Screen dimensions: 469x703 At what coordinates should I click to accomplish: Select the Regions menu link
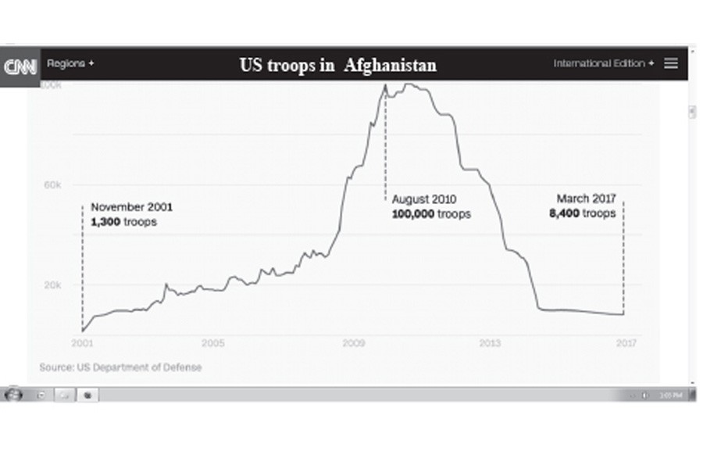point(70,63)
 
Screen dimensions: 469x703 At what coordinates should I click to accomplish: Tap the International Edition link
point(604,63)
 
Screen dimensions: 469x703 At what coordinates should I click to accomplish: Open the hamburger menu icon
point(671,63)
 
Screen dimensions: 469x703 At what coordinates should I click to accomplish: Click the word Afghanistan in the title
point(390,66)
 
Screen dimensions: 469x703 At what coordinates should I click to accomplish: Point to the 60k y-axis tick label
point(52,184)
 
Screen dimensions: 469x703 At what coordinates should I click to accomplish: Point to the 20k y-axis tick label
point(52,285)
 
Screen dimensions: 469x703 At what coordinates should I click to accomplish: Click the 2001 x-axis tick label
point(81,343)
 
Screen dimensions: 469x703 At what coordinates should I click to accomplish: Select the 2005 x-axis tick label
point(212,343)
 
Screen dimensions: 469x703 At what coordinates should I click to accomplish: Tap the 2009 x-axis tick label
point(354,343)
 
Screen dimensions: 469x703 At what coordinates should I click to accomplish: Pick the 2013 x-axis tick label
point(490,343)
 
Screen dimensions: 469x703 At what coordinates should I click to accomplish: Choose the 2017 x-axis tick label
point(626,343)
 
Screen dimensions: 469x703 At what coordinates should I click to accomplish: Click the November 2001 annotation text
point(131,208)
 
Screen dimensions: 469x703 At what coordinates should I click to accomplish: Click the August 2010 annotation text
point(423,199)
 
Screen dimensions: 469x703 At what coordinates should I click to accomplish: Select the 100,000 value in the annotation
point(413,213)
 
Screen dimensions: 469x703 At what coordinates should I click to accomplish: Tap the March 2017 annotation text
point(586,199)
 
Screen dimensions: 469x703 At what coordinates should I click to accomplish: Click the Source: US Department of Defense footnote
point(120,367)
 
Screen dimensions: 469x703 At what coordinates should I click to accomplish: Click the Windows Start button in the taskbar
point(13,395)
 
